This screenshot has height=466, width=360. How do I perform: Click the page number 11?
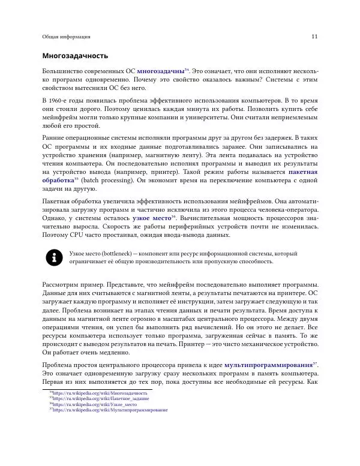tap(314, 37)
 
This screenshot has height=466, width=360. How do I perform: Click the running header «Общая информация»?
tap(66, 37)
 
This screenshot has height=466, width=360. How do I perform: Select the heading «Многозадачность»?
tap(75, 56)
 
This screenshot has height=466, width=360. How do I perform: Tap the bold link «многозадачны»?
tap(160, 71)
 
